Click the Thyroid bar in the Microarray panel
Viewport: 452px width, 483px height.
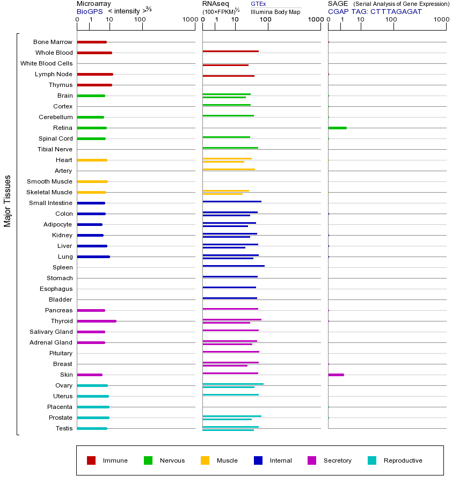(97, 321)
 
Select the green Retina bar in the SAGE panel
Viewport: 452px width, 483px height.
(337, 128)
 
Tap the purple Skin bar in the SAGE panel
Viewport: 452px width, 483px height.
(336, 375)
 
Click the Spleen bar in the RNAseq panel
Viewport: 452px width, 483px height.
(234, 266)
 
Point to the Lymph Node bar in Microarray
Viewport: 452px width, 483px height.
(95, 74)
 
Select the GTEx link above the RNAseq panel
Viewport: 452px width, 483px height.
(258, 4)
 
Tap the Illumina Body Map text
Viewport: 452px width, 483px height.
(275, 11)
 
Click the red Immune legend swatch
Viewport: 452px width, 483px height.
(91, 460)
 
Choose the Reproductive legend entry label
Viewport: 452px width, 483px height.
(403, 460)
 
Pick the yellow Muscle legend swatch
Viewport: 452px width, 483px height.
(205, 460)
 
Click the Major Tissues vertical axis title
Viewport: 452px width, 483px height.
(8, 201)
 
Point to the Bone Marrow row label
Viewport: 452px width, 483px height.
(53, 42)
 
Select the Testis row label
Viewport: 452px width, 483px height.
(64, 428)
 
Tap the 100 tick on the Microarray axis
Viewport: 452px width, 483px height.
(140, 20)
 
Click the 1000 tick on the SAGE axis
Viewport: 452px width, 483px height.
(441, 20)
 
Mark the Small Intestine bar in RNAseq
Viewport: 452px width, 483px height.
(232, 201)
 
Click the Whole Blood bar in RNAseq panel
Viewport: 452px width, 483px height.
(231, 51)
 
